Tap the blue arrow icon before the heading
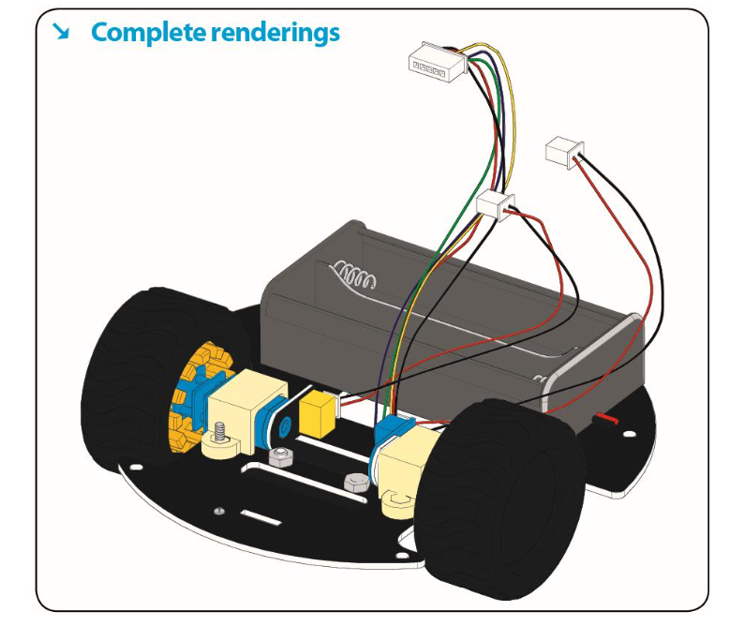click(62, 33)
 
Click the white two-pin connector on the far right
click(563, 149)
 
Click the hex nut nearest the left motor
click(277, 457)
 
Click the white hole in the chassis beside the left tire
click(137, 468)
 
